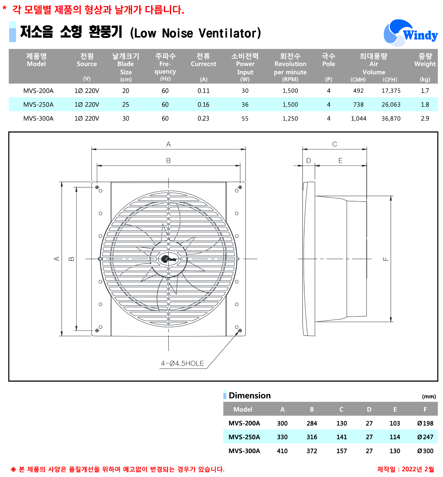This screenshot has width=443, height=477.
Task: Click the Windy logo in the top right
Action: tap(410, 33)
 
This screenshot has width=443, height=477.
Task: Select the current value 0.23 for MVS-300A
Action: tap(203, 118)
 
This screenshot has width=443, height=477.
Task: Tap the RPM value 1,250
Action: tap(290, 118)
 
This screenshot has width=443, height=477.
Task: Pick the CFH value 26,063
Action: tap(391, 104)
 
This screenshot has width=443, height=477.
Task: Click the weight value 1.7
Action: tap(425, 91)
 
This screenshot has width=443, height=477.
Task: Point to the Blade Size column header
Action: tap(126, 67)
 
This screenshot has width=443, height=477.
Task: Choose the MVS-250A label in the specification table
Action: tap(38, 104)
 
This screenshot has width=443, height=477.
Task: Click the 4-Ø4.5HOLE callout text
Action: tap(182, 363)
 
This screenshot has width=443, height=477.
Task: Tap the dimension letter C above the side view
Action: tap(334, 144)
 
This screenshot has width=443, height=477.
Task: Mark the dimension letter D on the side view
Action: tap(309, 160)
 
